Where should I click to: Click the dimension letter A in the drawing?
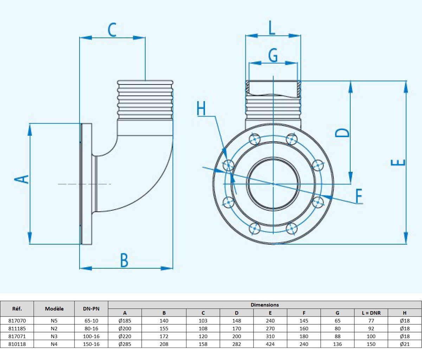(x=22, y=179)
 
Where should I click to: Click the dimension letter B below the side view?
(x=124, y=260)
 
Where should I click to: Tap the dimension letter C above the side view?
(x=112, y=30)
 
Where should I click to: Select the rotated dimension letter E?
(x=398, y=163)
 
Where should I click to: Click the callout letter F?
(x=359, y=196)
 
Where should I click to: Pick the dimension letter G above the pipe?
(x=273, y=55)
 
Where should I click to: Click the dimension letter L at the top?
(x=272, y=28)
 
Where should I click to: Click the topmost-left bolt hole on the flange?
(x=255, y=139)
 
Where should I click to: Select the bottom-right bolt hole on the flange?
(x=292, y=228)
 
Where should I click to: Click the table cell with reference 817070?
(x=17, y=321)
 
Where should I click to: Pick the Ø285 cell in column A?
(x=125, y=344)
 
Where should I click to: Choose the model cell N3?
(x=54, y=336)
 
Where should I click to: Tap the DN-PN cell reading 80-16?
(x=91, y=329)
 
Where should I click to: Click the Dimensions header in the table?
(x=264, y=305)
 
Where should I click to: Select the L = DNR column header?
(x=371, y=313)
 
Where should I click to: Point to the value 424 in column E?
(x=270, y=344)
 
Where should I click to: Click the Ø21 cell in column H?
(x=404, y=344)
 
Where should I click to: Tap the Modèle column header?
(x=54, y=308)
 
